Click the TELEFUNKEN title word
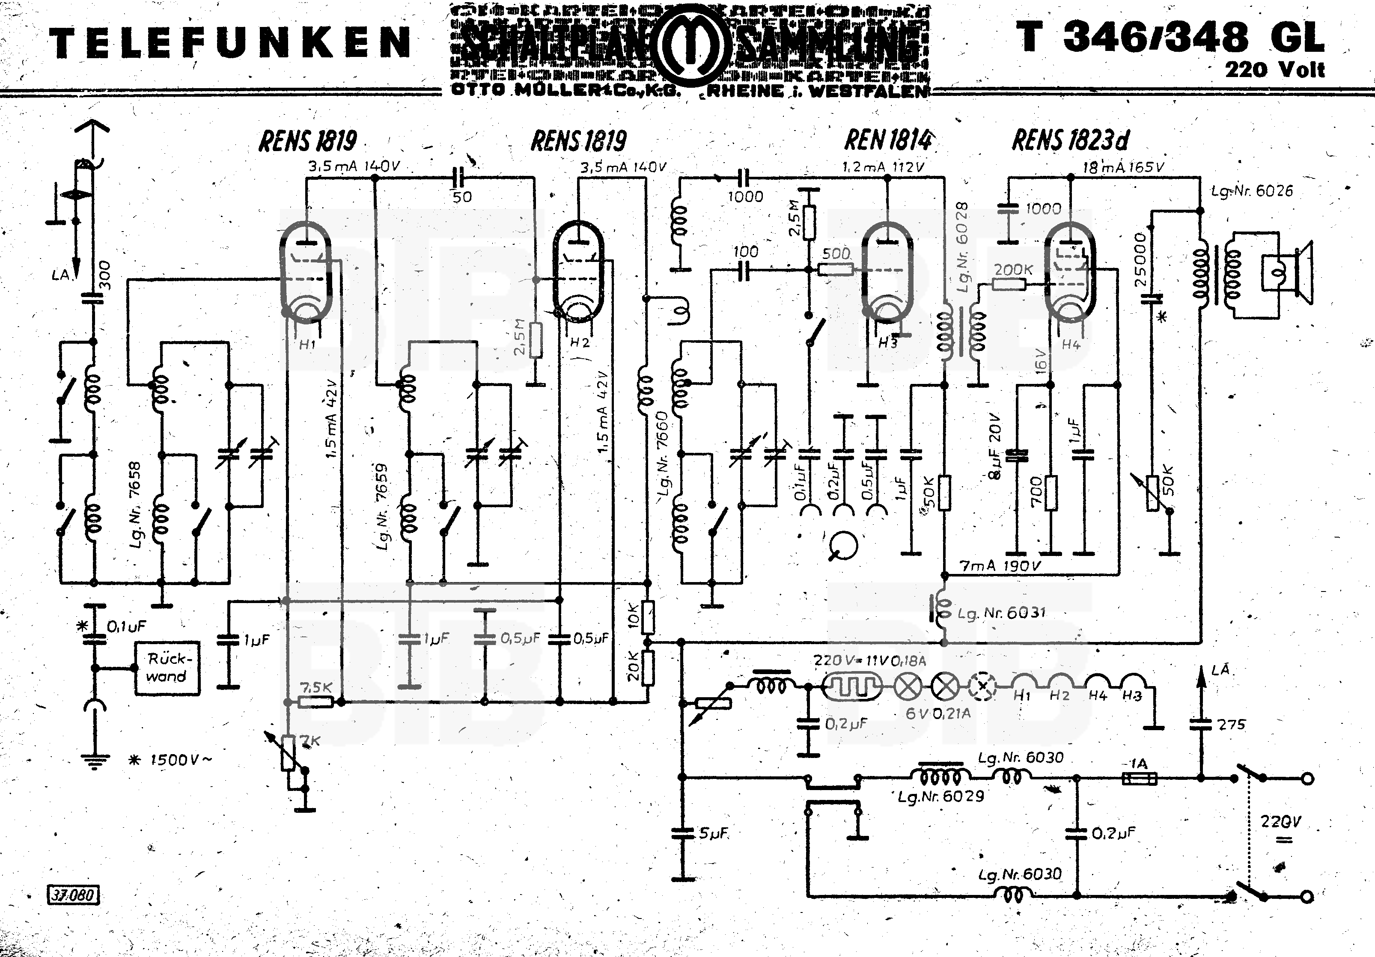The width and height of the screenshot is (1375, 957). pyautogui.click(x=230, y=43)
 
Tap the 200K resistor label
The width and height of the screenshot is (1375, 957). pyautogui.click(x=1013, y=270)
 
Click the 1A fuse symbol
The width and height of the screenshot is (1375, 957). pyautogui.click(x=1138, y=779)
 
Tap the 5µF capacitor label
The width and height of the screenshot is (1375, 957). pyautogui.click(x=713, y=833)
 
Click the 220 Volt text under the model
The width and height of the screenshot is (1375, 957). pyautogui.click(x=1274, y=70)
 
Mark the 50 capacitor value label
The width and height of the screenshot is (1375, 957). pyautogui.click(x=462, y=197)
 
